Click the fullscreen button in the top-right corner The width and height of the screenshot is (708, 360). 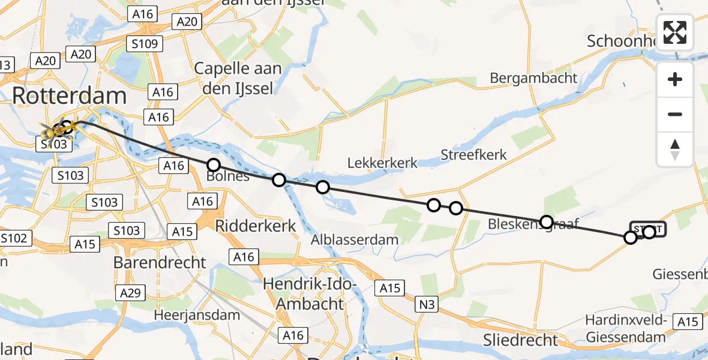(675, 32)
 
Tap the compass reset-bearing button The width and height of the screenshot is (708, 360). (675, 149)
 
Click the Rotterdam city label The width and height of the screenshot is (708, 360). (69, 96)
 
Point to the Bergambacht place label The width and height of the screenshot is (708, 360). (533, 77)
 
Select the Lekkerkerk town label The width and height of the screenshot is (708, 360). (383, 163)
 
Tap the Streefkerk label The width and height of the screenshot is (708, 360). (473, 154)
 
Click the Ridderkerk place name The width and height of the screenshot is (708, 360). (256, 226)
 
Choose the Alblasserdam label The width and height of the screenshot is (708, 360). (355, 239)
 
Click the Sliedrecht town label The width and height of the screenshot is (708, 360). (521, 340)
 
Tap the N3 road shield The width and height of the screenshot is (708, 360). (426, 305)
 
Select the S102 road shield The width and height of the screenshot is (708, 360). (13, 238)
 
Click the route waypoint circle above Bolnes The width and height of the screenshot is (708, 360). (213, 165)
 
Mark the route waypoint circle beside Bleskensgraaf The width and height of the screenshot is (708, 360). (546, 222)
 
